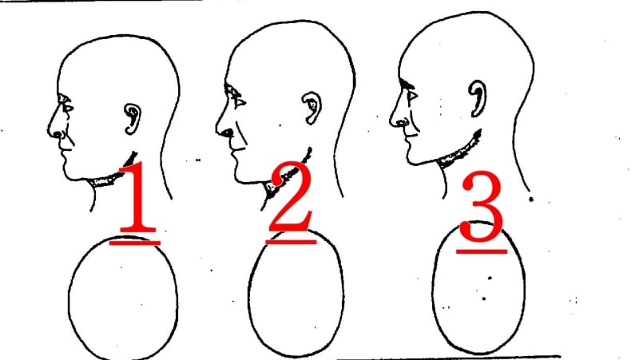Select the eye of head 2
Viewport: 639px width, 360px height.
click(237, 97)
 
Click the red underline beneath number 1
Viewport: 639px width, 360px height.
click(137, 239)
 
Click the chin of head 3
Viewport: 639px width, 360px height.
click(414, 160)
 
